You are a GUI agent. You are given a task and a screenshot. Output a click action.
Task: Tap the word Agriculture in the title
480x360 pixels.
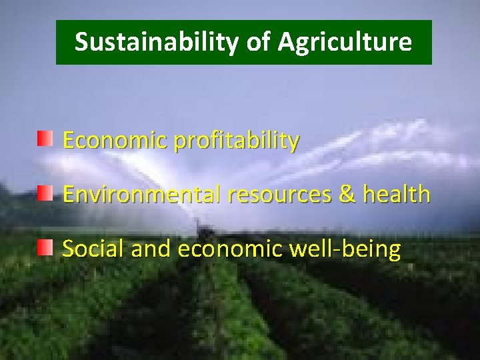point(345,42)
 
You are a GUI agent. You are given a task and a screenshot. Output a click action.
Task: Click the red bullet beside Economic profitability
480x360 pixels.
point(45,139)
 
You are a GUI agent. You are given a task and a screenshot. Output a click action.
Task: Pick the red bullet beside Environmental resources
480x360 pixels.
point(45,194)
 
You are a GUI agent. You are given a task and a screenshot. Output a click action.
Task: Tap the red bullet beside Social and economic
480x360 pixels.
point(45,249)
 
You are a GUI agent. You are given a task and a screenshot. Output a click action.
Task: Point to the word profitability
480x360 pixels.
point(236,141)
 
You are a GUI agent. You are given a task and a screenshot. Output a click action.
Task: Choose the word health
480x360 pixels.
point(397,195)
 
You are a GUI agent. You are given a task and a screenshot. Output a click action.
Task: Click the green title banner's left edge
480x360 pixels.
point(58,42)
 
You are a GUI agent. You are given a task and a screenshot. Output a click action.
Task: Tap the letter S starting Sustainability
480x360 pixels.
point(81,42)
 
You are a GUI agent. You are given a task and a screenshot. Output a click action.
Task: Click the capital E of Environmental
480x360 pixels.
point(68,195)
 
